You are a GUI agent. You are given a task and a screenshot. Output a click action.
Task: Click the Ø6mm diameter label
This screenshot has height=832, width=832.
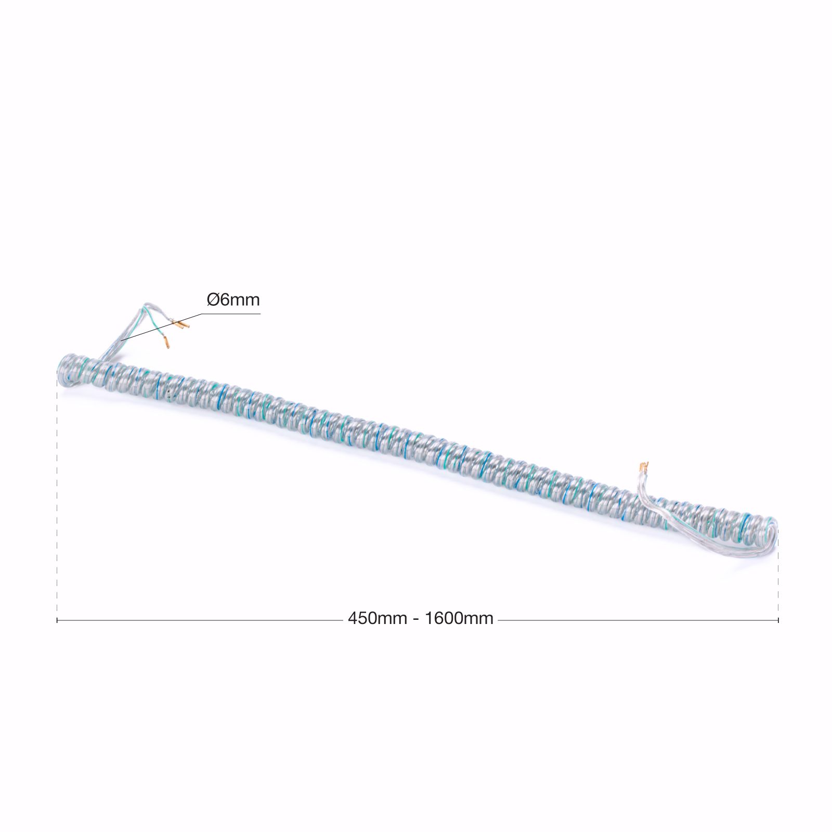pyautogui.click(x=233, y=300)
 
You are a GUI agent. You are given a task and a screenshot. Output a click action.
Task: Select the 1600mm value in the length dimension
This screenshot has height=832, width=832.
pyautogui.click(x=459, y=619)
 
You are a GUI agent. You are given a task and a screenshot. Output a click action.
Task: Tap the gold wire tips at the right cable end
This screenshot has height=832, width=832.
pyautogui.click(x=644, y=467)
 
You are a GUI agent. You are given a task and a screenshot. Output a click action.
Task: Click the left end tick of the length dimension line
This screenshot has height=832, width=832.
pyautogui.click(x=57, y=620)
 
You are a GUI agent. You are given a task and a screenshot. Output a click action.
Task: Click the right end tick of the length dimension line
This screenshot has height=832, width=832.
pyautogui.click(x=778, y=620)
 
